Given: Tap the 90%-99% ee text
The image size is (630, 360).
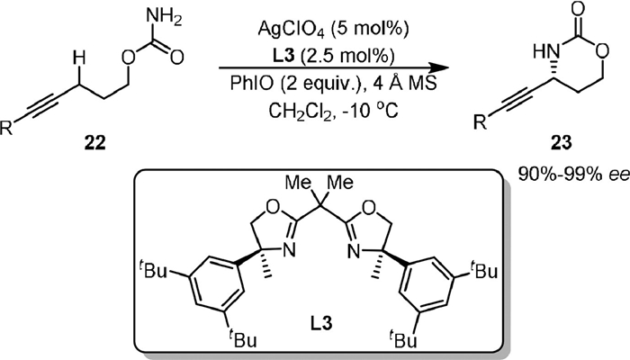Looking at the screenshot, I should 571,167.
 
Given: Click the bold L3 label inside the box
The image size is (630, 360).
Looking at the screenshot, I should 316,335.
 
